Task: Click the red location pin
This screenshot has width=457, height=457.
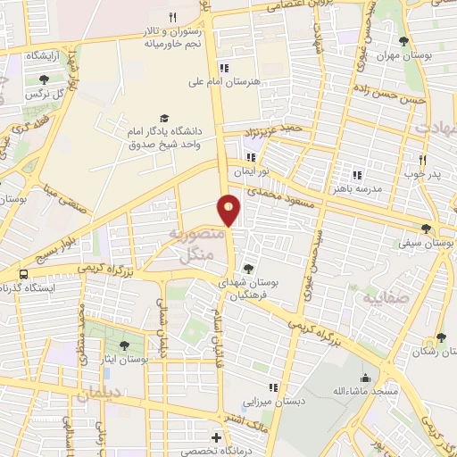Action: [x=230, y=209]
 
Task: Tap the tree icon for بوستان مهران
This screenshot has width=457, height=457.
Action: [x=404, y=41]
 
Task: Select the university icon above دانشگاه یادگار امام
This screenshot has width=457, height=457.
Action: [x=163, y=118]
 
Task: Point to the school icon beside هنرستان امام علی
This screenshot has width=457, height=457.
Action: [x=225, y=68]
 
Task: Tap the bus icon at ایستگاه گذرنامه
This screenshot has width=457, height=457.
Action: [x=22, y=273]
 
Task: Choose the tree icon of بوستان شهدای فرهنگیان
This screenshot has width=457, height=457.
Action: [x=248, y=269]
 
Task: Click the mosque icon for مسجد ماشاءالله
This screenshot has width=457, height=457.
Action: [x=365, y=378]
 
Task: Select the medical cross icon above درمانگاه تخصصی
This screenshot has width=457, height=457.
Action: [x=216, y=438]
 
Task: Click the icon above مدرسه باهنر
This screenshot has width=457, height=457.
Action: [x=356, y=175]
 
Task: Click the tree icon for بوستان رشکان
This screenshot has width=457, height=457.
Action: [x=440, y=338]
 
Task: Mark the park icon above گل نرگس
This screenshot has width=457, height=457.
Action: [x=44, y=79]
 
